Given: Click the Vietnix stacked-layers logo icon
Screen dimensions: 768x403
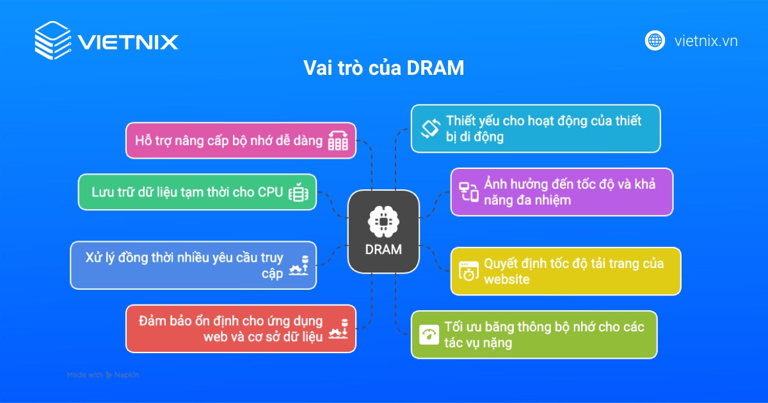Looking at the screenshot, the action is point(53,40).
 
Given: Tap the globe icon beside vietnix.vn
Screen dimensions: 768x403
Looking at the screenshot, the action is point(655,41).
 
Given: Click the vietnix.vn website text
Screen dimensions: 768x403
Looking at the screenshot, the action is point(706,41).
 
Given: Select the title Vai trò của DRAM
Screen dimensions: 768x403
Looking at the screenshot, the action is point(383,68).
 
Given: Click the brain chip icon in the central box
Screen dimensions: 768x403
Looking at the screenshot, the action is point(383,222).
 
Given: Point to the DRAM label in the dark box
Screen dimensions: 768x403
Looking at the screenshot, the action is point(383,249).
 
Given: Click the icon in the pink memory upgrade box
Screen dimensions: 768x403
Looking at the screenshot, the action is point(338,141).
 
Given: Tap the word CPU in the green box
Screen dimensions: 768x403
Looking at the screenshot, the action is point(270,193).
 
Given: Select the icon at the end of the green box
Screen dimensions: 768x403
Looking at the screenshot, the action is point(298,192).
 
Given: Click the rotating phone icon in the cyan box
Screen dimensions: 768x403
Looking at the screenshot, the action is point(431,129).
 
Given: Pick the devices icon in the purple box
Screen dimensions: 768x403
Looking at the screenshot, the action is point(468,192).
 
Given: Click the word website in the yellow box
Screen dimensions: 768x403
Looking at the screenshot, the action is point(507,280).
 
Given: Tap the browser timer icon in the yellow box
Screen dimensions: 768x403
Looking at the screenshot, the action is point(468,271).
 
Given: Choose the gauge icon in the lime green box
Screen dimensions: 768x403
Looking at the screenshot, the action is point(429,335).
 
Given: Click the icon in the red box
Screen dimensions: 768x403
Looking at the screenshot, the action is point(338,329).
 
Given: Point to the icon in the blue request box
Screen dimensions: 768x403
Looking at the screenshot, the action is point(298,265).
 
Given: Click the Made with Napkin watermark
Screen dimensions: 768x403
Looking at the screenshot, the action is point(103,375).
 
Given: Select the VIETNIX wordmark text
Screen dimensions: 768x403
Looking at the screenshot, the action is point(128,42).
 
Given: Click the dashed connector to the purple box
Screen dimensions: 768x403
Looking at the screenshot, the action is point(435,205).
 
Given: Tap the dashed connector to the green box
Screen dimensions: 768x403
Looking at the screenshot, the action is point(332,205).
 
